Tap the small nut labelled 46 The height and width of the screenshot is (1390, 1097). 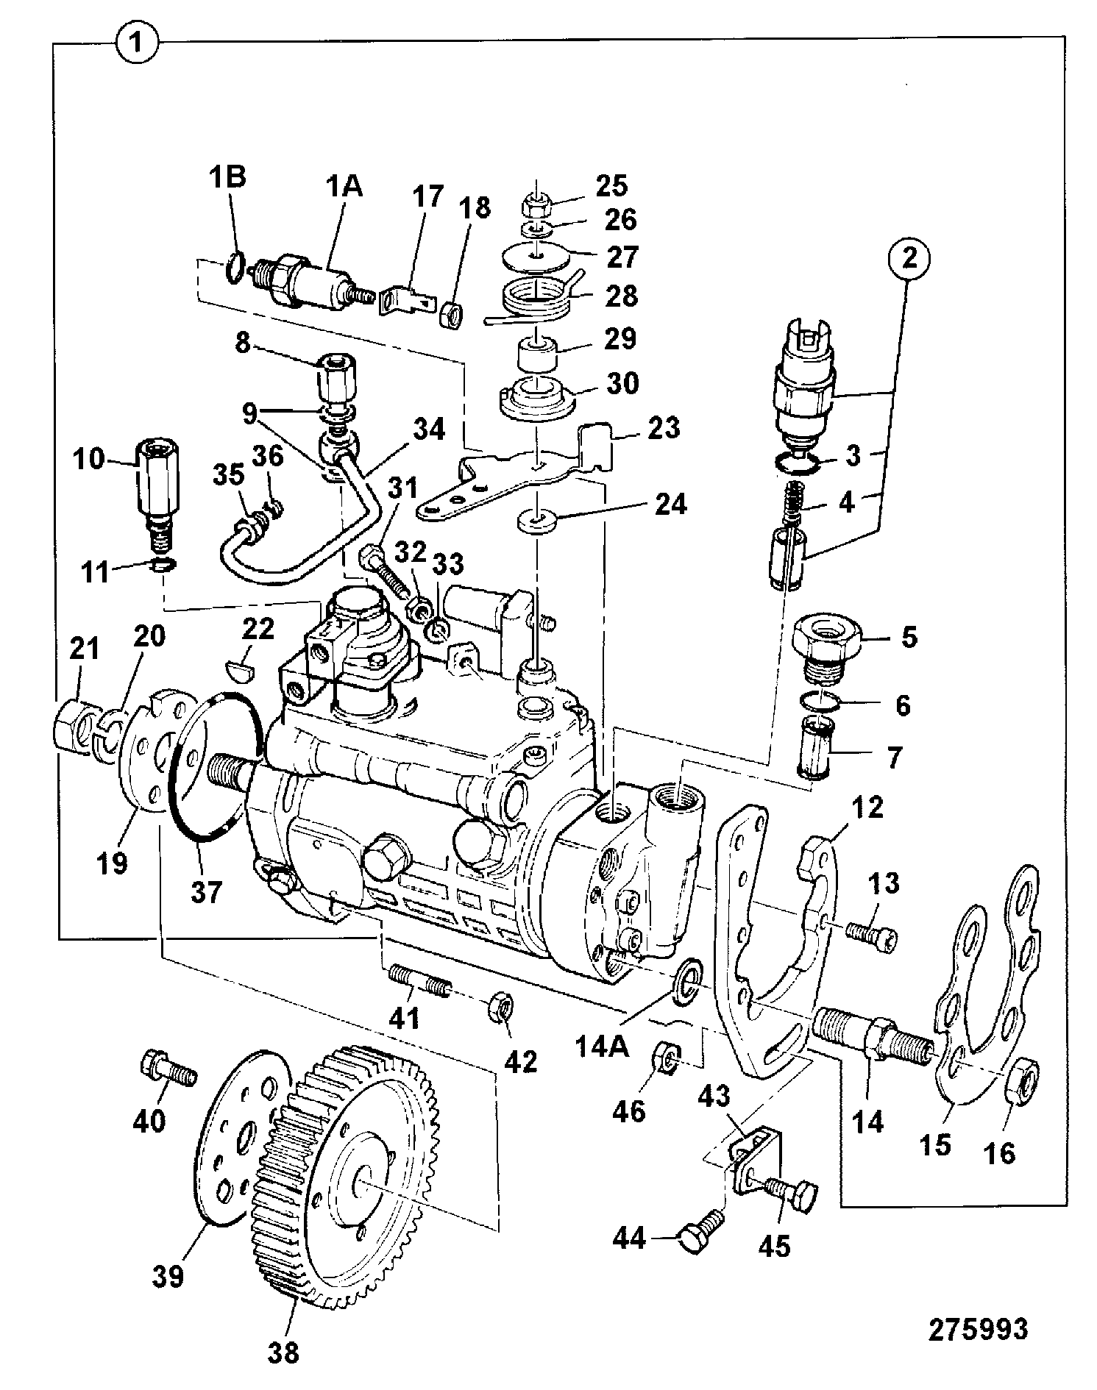(x=667, y=1055)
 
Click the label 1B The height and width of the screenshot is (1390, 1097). (x=228, y=178)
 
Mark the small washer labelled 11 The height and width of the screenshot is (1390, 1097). (x=164, y=565)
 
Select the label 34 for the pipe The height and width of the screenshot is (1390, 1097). (x=429, y=429)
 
